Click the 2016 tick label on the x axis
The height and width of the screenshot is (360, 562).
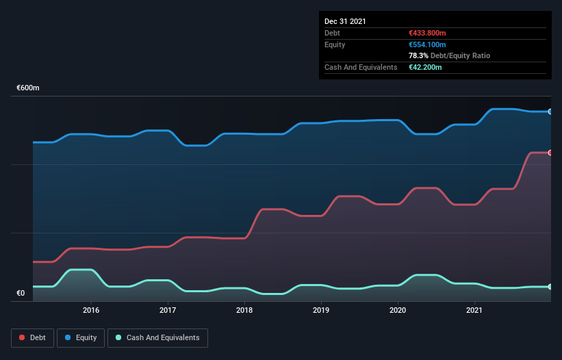click(91, 310)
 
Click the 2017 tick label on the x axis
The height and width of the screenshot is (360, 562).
click(168, 310)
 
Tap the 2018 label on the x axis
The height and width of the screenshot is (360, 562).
click(244, 310)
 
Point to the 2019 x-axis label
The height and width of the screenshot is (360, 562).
click(321, 310)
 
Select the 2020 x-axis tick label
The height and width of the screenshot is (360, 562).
click(398, 310)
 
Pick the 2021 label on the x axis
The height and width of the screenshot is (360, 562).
click(474, 310)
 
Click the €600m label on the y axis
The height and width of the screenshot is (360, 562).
click(28, 88)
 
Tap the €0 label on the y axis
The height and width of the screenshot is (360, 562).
click(21, 293)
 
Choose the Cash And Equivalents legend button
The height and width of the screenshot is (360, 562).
click(157, 337)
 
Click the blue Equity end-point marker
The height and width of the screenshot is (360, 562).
click(550, 112)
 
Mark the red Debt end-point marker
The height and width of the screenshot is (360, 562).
click(550, 153)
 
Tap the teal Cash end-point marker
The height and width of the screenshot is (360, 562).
click(550, 287)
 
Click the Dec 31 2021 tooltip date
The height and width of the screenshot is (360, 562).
click(345, 21)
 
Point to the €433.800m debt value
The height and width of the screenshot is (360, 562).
click(427, 33)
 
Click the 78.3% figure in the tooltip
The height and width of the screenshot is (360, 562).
click(418, 55)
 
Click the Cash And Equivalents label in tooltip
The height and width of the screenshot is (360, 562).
click(361, 67)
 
